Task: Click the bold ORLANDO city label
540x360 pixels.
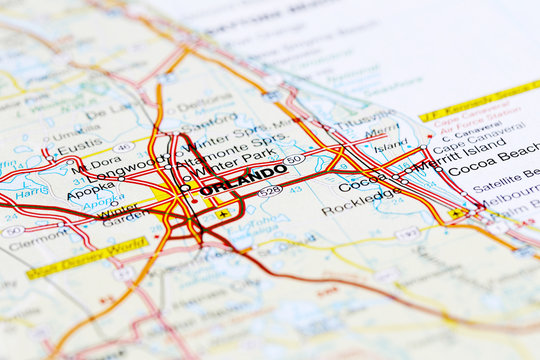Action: pyautogui.click(x=243, y=179)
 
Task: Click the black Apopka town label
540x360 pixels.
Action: pyautogui.click(x=91, y=189)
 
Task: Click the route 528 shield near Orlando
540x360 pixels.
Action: pyautogui.click(x=270, y=191)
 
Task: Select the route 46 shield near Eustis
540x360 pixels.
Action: pyautogui.click(x=122, y=148)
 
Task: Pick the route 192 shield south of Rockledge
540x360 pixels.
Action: pyautogui.click(x=408, y=233)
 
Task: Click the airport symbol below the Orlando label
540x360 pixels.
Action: pyautogui.click(x=222, y=213)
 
